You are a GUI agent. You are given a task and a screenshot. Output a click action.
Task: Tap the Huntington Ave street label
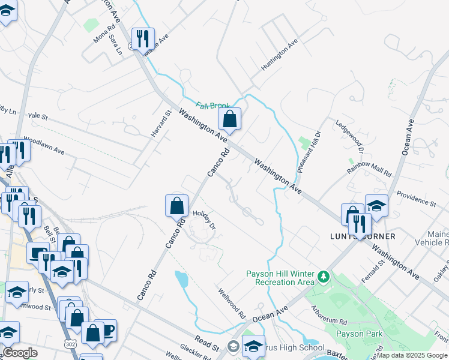tap(280, 55)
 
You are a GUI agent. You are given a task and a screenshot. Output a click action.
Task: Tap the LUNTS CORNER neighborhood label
tap(363, 236)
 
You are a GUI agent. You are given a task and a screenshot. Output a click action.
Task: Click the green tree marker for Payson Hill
tap(324, 277)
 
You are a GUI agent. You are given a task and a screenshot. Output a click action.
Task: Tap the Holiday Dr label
tap(203, 218)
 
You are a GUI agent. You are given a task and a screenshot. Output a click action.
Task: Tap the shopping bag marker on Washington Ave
tap(229, 119)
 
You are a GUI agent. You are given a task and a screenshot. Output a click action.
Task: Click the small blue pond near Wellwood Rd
tap(181, 280)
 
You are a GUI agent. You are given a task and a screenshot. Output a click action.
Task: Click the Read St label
tap(206, 343)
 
